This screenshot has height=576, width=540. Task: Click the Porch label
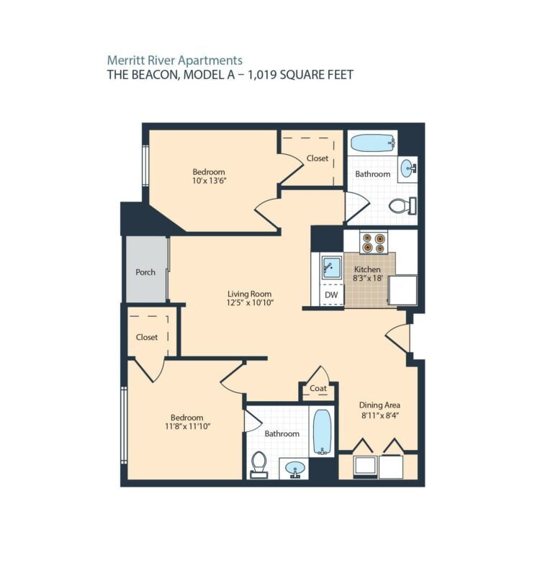(145, 272)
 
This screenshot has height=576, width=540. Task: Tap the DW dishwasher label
(331, 294)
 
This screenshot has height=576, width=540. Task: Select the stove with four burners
(374, 243)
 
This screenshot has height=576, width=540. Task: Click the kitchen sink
(331, 267)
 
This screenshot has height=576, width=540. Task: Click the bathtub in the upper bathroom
(373, 143)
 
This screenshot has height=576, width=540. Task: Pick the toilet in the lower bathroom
(259, 464)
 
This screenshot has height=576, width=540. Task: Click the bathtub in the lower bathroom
(322, 432)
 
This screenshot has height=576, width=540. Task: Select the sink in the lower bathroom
(295, 469)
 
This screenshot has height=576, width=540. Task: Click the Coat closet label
(318, 388)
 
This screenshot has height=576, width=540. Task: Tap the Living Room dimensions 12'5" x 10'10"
(250, 302)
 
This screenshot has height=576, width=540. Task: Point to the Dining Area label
(379, 405)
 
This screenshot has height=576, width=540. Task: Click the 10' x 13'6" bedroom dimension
(209, 181)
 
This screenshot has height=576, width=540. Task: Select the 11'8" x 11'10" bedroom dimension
(187, 426)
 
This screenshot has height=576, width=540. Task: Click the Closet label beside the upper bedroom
(318, 158)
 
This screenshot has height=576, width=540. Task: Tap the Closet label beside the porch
(147, 337)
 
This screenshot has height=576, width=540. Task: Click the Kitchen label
(367, 269)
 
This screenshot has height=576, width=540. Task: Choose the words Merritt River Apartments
(174, 60)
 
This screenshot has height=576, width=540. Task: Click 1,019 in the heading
(262, 75)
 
